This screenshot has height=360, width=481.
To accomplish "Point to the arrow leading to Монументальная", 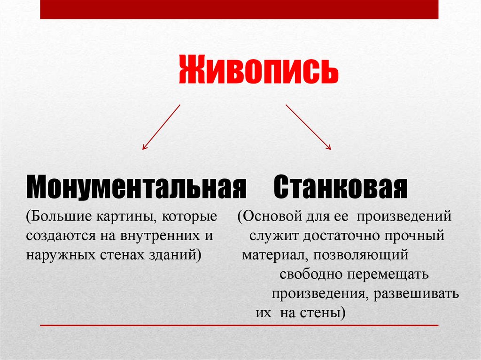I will (161, 127).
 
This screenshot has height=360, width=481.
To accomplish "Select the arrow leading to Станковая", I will (308, 127).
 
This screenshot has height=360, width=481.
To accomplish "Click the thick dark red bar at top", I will (239, 9).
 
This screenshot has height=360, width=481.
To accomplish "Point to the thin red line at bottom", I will (239, 325).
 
